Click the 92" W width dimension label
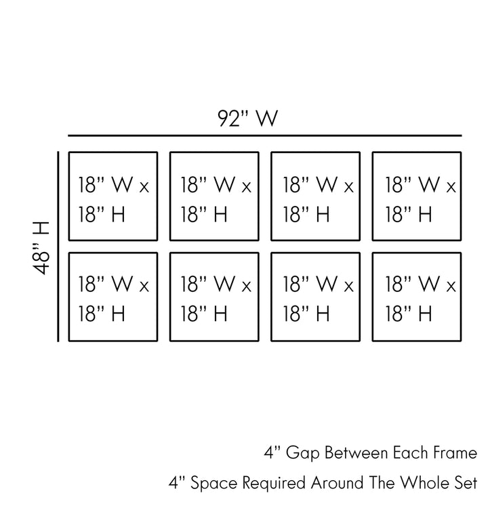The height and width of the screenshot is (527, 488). point(248,119)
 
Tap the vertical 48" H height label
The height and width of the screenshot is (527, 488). point(42,247)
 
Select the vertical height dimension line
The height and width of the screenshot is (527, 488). point(60,247)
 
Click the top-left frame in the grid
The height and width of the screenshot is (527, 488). point(113,196)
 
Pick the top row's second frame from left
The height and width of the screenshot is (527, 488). point(214,196)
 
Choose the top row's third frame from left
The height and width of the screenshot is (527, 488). point(316,196)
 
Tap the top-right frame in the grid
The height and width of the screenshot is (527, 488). point(417,196)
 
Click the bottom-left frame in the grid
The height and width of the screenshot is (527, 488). point(113,297)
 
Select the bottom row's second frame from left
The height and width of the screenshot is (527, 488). point(214,297)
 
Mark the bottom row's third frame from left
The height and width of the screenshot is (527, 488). point(316,297)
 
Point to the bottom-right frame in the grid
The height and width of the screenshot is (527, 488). point(417,297)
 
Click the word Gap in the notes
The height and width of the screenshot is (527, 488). point(298,452)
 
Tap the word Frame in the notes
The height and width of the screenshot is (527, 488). point(455,452)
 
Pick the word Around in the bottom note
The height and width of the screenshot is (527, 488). point(335,484)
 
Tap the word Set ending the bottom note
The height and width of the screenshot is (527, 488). point(464,484)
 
